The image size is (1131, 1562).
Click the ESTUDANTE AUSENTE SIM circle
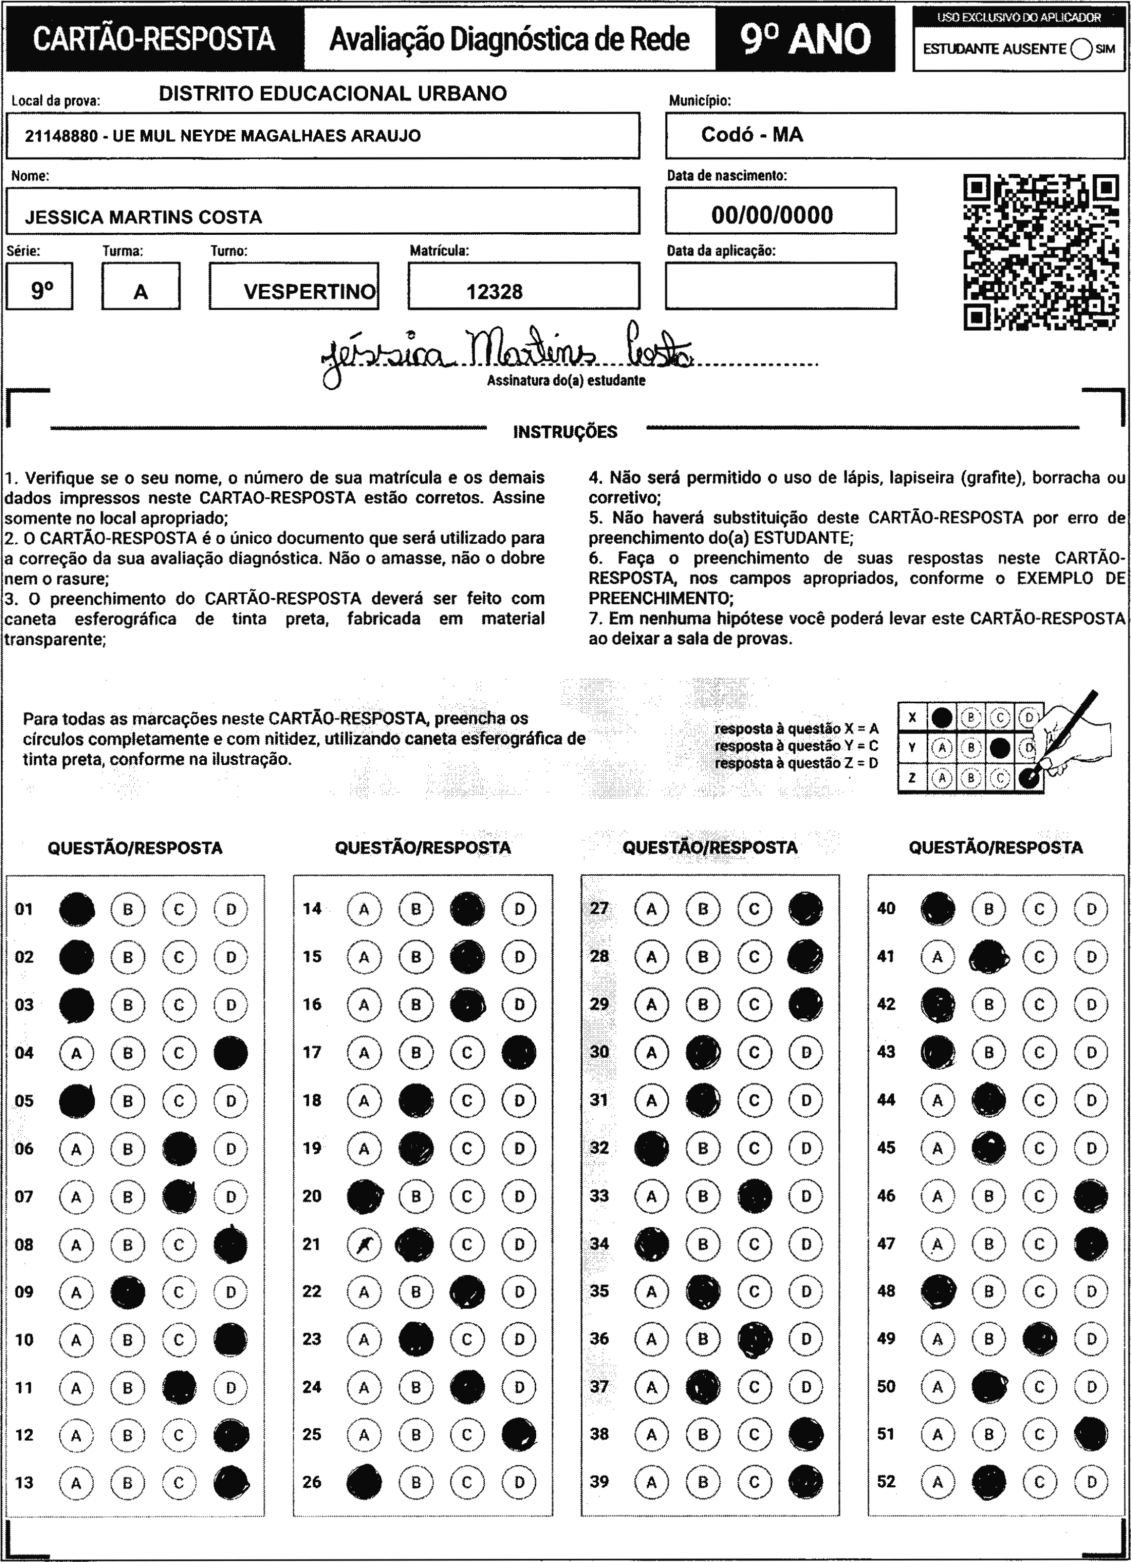pyautogui.click(x=1082, y=49)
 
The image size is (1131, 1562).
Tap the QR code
pyautogui.click(x=1040, y=252)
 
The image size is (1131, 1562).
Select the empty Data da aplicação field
pyautogui.click(x=780, y=286)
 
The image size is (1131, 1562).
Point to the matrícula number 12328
pyautogui.click(x=494, y=292)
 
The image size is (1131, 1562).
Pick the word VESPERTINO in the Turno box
pyautogui.click(x=310, y=292)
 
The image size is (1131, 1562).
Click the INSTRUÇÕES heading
pyautogui.click(x=565, y=432)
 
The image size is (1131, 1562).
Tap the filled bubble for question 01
pyautogui.click(x=77, y=909)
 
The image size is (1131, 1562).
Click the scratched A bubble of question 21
pyautogui.click(x=364, y=1244)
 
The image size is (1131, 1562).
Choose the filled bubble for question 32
pyautogui.click(x=651, y=1148)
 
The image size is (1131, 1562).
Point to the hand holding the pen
pyautogui.click(x=1074, y=734)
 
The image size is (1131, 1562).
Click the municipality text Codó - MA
pyautogui.click(x=752, y=134)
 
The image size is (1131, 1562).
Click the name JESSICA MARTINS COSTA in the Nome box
pyautogui.click(x=143, y=217)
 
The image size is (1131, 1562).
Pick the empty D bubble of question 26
pyautogui.click(x=519, y=1482)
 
